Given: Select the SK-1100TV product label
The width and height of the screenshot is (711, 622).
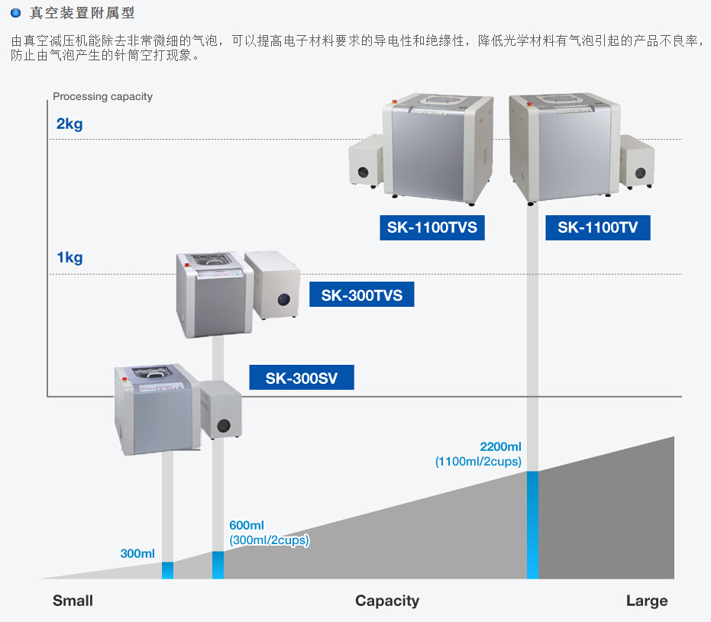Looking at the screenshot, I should pyautogui.click(x=598, y=227).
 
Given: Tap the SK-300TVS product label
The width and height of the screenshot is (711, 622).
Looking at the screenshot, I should pyautogui.click(x=361, y=295).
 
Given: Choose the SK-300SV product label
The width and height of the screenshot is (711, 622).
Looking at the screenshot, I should pyautogui.click(x=302, y=378).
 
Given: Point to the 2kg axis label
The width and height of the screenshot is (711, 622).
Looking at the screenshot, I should pyautogui.click(x=69, y=124).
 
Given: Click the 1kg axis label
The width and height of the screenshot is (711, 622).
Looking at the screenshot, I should pyautogui.click(x=69, y=258).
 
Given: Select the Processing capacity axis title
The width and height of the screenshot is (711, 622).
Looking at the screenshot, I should pyautogui.click(x=102, y=97).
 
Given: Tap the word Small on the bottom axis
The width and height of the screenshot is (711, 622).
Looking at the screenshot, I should pyautogui.click(x=73, y=601).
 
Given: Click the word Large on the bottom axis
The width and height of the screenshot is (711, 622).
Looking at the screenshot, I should pyautogui.click(x=646, y=601).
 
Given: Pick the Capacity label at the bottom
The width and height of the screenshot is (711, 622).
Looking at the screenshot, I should pyautogui.click(x=387, y=601).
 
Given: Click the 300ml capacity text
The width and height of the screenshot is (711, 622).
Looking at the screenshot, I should pyautogui.click(x=137, y=553).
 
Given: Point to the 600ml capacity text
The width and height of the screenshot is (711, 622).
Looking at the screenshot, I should pyautogui.click(x=247, y=525).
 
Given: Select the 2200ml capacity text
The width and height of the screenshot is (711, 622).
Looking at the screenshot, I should pyautogui.click(x=500, y=446).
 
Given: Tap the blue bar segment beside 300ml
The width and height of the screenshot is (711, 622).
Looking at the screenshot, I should pyautogui.click(x=168, y=570).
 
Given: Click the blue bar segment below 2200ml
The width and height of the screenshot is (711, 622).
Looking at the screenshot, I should pyautogui.click(x=532, y=525).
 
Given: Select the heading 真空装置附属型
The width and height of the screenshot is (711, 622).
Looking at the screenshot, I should pyautogui.click(x=84, y=13).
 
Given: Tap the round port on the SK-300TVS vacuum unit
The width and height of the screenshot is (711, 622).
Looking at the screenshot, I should pyautogui.click(x=284, y=299).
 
